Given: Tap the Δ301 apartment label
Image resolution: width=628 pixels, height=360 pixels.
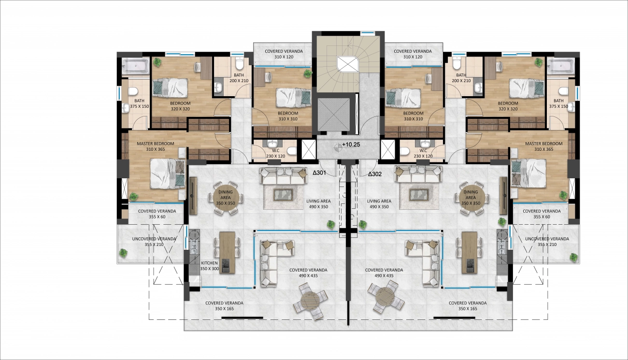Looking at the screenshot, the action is (x=319, y=173).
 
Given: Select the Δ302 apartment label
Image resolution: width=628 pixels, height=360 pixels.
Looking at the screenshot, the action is (x=375, y=174).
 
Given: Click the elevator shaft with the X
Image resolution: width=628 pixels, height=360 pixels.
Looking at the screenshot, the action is (x=334, y=115).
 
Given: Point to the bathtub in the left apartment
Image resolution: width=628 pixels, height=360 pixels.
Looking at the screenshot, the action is (x=136, y=67).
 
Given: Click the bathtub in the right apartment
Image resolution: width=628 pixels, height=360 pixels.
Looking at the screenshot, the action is (x=560, y=67).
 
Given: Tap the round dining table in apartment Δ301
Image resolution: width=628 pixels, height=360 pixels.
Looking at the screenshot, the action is (x=226, y=198).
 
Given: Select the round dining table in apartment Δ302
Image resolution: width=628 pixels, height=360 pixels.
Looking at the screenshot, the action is (x=471, y=198).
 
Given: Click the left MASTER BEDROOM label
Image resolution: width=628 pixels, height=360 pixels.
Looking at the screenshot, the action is (x=156, y=144).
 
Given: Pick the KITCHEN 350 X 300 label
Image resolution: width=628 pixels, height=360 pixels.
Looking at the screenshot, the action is (x=210, y=266).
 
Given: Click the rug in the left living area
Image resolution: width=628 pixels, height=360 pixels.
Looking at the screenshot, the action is (x=283, y=194).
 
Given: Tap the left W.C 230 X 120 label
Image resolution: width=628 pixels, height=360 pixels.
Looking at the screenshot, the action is (x=275, y=153).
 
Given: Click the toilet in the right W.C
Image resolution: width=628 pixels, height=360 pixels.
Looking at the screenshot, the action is (x=404, y=151).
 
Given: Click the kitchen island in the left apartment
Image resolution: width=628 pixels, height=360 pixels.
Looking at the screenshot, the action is (x=227, y=252).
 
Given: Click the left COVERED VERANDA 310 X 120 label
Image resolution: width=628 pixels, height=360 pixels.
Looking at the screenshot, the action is (x=284, y=54).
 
